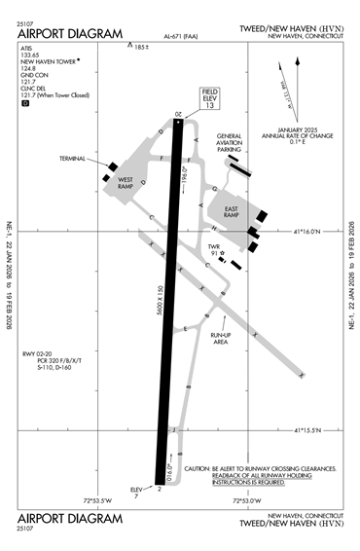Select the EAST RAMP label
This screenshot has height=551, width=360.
232,214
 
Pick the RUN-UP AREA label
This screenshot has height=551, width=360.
222,340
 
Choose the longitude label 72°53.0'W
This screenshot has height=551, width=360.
248,501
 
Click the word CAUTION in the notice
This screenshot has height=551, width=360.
200,469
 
